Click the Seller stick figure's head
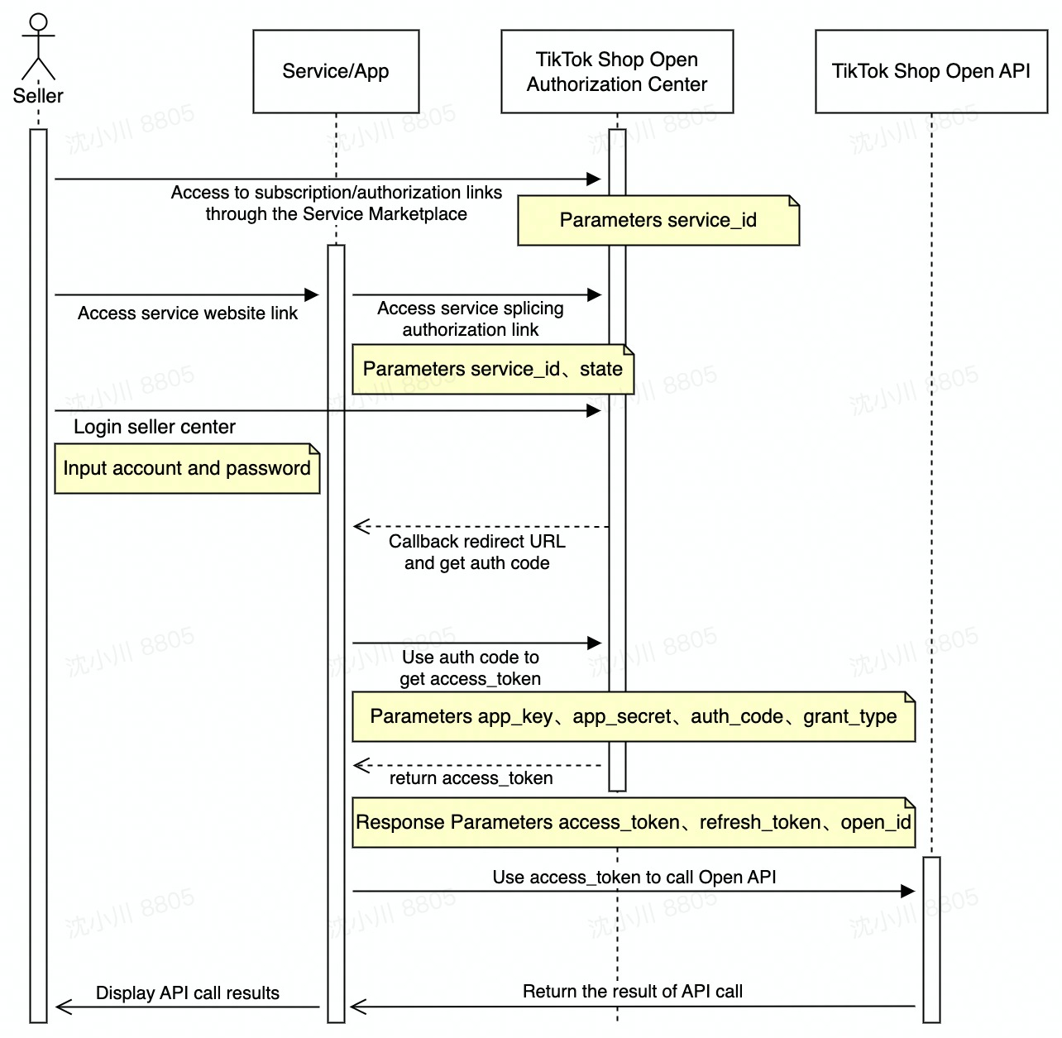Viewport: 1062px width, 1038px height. [x=38, y=22]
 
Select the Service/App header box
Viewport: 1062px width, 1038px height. [x=336, y=71]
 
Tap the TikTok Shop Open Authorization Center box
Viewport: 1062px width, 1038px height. [x=617, y=71]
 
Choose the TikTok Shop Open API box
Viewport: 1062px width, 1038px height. [x=931, y=71]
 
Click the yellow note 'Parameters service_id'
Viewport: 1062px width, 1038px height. [x=658, y=221]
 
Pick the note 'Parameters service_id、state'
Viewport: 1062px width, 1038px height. [x=493, y=370]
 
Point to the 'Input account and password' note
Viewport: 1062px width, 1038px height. [x=187, y=469]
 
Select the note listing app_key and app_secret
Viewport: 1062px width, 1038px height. [x=634, y=716]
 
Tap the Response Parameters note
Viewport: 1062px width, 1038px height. [x=634, y=822]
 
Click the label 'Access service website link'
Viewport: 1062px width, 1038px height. [x=188, y=313]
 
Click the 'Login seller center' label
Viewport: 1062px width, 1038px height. [x=155, y=427]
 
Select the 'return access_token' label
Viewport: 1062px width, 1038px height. [x=471, y=778]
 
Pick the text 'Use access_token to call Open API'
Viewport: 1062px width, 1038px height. [x=634, y=877]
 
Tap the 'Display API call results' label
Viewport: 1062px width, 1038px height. [x=187, y=993]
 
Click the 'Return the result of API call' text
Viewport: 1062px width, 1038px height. [x=633, y=991]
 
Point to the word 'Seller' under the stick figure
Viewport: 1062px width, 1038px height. [x=38, y=96]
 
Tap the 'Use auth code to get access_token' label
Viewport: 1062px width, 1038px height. [x=471, y=668]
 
